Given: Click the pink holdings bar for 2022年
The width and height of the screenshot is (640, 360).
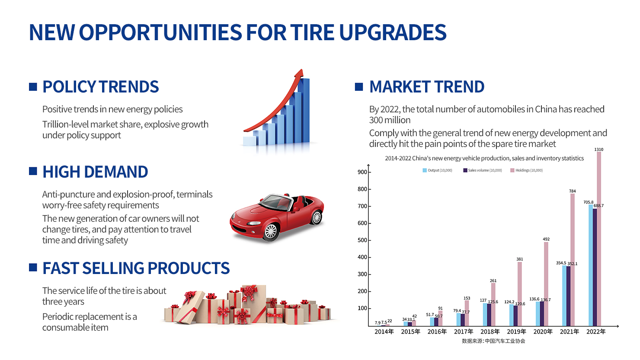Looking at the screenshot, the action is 599,239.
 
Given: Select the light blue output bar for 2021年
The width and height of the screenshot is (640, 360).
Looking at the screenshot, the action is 564,296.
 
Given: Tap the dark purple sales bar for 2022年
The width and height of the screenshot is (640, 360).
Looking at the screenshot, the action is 595,267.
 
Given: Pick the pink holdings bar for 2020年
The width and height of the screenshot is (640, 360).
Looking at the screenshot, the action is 546,284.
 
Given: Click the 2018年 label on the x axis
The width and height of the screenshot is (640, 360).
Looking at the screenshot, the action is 490,331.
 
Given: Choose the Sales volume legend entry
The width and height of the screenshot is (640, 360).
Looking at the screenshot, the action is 483,170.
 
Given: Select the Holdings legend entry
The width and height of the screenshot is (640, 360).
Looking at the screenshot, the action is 527,170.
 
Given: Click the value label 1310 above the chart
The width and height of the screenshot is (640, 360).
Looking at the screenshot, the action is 599,149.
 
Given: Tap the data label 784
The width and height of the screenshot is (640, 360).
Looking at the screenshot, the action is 572,191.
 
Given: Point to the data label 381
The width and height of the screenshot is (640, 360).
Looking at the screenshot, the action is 520,259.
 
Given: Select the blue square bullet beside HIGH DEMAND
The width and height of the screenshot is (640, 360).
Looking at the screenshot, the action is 33,171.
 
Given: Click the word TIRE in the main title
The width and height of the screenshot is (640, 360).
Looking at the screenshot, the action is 312,32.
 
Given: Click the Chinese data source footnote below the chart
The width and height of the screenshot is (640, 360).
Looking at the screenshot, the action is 493,341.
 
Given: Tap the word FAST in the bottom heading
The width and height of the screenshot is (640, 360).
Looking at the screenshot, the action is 60,268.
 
